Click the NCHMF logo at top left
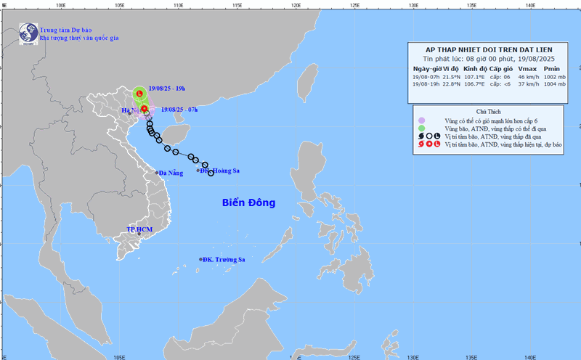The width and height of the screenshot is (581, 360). pos(28,33)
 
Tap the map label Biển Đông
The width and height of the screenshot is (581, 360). pos(248,202)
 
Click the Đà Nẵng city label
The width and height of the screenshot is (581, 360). pos(172,173)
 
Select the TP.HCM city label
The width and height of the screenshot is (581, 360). pos(139,229)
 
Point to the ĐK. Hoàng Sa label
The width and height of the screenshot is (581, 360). pos(222,171)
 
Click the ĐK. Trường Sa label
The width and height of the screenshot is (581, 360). pos(224,259)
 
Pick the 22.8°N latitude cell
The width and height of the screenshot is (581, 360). pos(452,84)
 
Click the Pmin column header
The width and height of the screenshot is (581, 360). pos(552,68)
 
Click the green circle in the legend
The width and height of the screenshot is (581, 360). pos(421,128)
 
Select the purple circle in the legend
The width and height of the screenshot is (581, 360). pos(421,119)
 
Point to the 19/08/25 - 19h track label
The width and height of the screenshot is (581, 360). pos(166,89)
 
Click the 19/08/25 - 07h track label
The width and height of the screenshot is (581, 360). pos(179,110)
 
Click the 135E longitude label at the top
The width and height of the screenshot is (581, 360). pos(471,5)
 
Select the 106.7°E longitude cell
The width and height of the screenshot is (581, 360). pos(475,84)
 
